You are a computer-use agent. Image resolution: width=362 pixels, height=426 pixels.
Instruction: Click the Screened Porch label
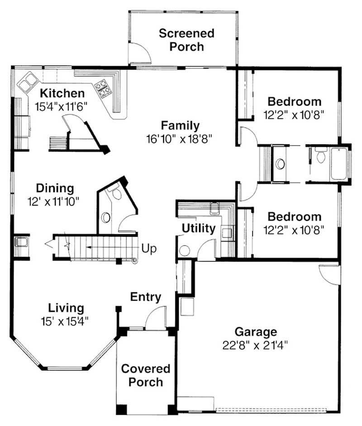[x=186, y=40]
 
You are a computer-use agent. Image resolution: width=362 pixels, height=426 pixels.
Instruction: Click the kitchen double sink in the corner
[x=27, y=82]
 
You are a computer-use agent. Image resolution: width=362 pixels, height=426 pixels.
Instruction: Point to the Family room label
[x=180, y=126]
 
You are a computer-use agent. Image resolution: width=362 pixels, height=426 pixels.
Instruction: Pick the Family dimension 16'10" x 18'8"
[x=180, y=138]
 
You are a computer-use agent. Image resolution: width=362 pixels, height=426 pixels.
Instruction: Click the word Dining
[x=55, y=188]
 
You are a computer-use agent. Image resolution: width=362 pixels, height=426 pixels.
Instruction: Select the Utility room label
[x=198, y=228]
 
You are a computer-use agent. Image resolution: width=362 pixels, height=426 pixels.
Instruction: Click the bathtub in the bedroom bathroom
[x=340, y=164]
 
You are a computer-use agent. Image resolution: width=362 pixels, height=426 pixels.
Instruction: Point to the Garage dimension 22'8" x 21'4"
[x=255, y=344]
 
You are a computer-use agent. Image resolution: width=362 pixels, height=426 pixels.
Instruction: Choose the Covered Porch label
[x=146, y=375]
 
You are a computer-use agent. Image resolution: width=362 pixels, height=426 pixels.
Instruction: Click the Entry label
[x=146, y=297]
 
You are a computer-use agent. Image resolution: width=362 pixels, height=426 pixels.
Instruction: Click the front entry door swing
[x=155, y=317]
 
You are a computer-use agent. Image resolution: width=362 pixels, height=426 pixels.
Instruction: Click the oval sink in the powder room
[x=106, y=217]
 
